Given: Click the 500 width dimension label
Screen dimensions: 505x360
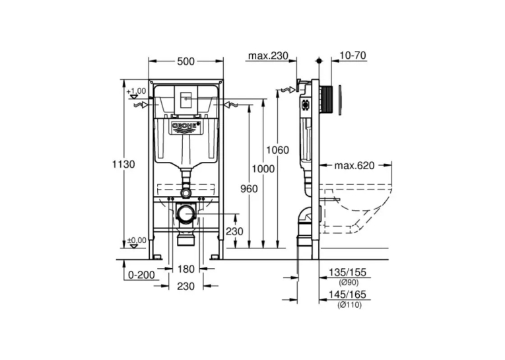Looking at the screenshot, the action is pos(186,61).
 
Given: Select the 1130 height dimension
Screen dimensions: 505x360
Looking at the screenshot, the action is pos(123,164).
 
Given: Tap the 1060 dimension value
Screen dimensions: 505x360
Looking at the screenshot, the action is pos(277,150).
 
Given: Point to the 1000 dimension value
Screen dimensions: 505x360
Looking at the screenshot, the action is pos(263,168).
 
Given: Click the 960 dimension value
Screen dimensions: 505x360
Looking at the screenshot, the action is pos(249,188).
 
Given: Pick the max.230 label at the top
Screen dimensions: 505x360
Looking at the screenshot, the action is pos(268,55).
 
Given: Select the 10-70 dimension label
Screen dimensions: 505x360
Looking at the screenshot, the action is pos(353,55).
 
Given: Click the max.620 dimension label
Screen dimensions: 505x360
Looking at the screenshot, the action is pos(354,165).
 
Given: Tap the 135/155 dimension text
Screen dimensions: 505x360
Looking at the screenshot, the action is pos(347,272).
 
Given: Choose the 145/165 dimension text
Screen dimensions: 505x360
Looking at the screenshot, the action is pos(347,294).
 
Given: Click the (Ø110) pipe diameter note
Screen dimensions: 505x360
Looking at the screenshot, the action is pos(349,305).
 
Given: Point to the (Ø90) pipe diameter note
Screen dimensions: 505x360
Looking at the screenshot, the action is pos(349,283).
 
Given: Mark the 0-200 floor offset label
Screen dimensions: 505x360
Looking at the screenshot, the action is pos(141,275).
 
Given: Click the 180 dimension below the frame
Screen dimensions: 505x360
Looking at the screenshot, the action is pos(186,269).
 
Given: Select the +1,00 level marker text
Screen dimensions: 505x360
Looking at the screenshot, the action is pos(136,91).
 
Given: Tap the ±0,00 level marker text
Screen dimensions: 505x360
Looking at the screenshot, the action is pos(136,240).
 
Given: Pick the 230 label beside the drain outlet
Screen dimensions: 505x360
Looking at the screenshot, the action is pos(234,231).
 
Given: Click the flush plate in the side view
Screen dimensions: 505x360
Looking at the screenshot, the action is pos(339,100).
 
